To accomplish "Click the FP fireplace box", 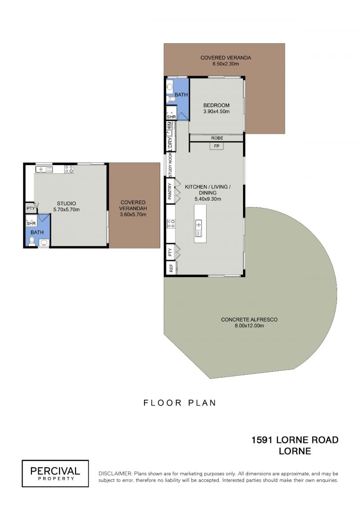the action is [x=216, y=146].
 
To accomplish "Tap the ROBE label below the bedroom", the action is [x=217, y=138].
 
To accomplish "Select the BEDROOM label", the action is [x=216, y=105].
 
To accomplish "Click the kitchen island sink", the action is [x=198, y=228].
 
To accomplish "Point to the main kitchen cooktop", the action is [x=171, y=223].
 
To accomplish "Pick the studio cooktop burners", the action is [x=69, y=169].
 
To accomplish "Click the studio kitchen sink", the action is [x=44, y=169].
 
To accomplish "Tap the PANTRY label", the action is [x=170, y=191].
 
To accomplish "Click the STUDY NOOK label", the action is [x=170, y=166].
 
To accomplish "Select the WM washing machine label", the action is [x=169, y=125].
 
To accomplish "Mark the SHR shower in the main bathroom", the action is [x=171, y=113].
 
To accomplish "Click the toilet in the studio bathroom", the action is [x=32, y=241].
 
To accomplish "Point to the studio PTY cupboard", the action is [x=31, y=208].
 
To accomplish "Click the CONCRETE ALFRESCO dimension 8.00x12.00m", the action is [x=249, y=325].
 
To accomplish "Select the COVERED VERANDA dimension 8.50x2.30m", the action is [x=225, y=63].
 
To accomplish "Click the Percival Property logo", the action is [x=55, y=473].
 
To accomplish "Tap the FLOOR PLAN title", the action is [x=180, y=403].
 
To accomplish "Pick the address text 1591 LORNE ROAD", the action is [x=295, y=440].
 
